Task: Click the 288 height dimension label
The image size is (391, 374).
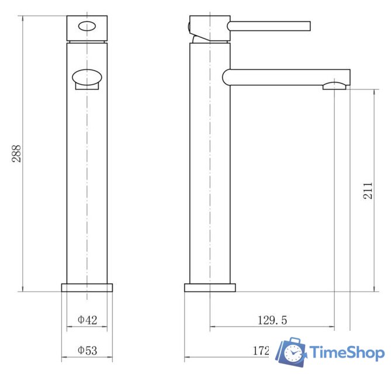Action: [x=16, y=154]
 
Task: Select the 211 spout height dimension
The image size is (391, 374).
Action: [x=368, y=191]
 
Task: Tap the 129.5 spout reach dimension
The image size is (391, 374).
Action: [x=272, y=320]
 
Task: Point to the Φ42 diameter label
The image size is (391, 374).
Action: [x=87, y=320]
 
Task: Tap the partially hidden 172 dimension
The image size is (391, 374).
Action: [x=261, y=351]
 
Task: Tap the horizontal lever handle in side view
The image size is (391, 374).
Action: [x=269, y=25]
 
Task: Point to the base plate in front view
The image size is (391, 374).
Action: [x=87, y=288]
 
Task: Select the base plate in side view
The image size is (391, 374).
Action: [x=210, y=288]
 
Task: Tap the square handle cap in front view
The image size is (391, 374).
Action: [x=87, y=29]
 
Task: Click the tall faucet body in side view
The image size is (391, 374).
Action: [x=210, y=164]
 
